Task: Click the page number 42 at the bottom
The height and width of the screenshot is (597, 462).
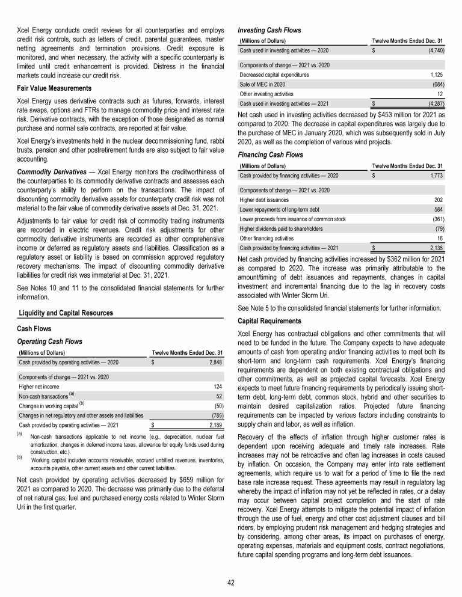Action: [231, 583]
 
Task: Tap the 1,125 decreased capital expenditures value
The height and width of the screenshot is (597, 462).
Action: [436, 75]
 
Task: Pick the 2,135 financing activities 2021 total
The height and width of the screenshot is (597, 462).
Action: [435, 247]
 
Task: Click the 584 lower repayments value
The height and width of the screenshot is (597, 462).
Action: [439, 209]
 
